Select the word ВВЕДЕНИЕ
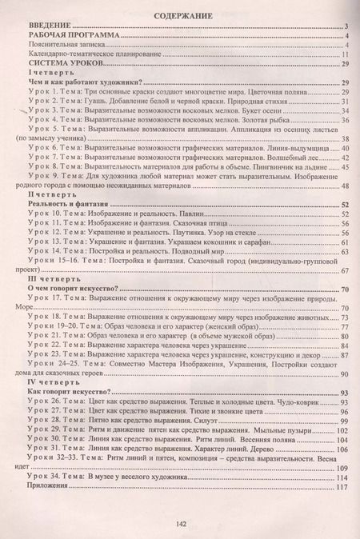point(50,27)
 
